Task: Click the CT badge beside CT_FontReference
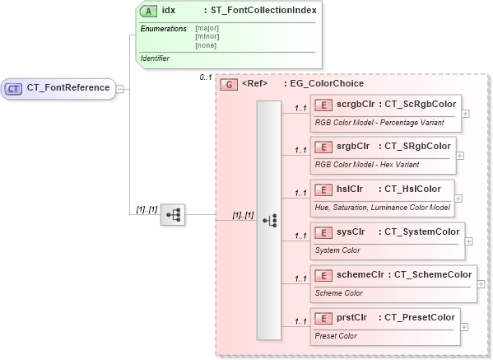tap(15, 88)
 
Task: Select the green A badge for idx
tap(149, 11)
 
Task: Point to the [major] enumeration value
tap(207, 28)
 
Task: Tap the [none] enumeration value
tap(206, 44)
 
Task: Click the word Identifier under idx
tap(157, 58)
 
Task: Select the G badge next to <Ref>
tap(230, 83)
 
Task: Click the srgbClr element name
tap(351, 147)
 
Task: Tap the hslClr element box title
tap(346, 189)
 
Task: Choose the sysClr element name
tap(349, 231)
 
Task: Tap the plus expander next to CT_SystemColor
tap(469, 241)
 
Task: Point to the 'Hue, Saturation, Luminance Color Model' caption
tap(382, 206)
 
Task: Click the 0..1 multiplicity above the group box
tap(206, 77)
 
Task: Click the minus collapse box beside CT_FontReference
tap(119, 88)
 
